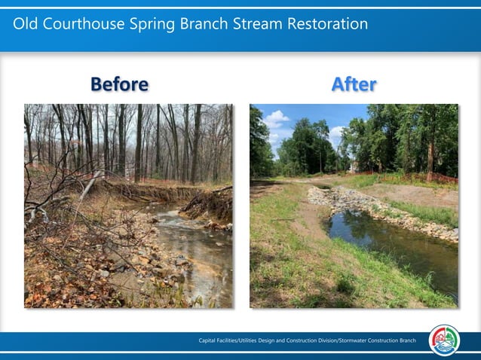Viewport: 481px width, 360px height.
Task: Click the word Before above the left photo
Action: [x=119, y=84]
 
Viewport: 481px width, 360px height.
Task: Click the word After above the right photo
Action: [x=354, y=84]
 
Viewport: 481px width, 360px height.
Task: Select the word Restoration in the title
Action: [x=326, y=24]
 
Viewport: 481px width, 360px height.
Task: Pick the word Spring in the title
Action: [x=146, y=24]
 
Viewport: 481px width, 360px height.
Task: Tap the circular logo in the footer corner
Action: [x=445, y=340]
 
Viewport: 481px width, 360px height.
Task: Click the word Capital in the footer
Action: [x=210, y=341]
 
